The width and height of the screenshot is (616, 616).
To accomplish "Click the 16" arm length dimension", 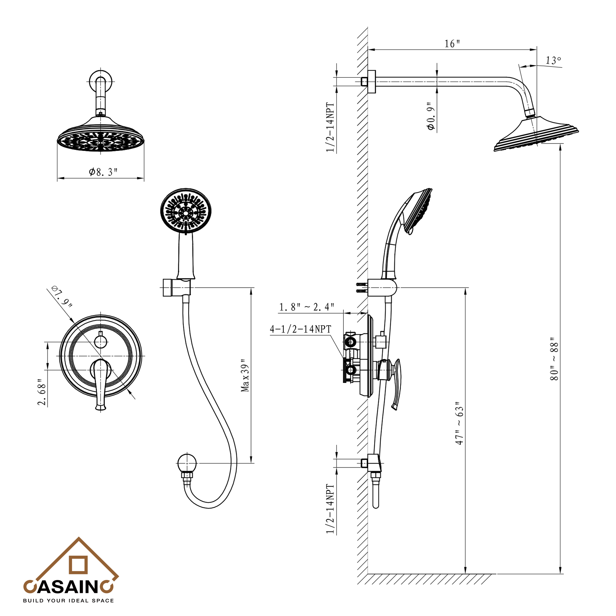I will pos(452,44).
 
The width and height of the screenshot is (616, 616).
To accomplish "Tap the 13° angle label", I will pos(553,60).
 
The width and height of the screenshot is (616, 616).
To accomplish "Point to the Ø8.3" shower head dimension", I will pos(103,172).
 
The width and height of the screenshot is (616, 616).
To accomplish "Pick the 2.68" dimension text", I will pos(42,392).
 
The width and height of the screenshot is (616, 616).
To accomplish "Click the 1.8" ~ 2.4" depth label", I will pos(306,307).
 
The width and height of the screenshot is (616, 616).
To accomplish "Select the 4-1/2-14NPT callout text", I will pos(300,329).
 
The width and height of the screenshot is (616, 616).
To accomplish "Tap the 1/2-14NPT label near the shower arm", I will pos(330,127).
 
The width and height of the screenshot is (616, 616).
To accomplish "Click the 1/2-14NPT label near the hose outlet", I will pos(330,509).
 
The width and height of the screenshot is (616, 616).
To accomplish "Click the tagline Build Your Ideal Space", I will pos(68,601).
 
